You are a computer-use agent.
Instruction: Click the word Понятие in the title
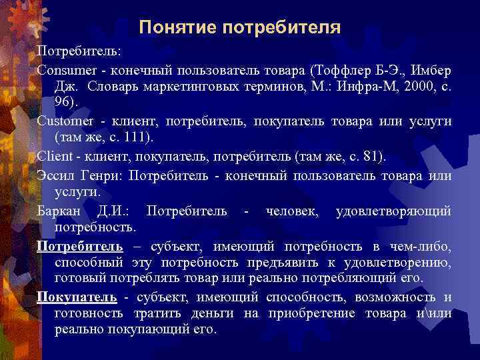pyautogui.click(x=177, y=28)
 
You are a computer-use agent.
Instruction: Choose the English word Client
pyautogui.click(x=53, y=156)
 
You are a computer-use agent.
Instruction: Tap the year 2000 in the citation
pyautogui.click(x=410, y=87)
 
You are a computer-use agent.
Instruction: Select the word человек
pyautogui.click(x=292, y=211)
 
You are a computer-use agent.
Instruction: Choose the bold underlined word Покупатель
pyautogui.click(x=77, y=297)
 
